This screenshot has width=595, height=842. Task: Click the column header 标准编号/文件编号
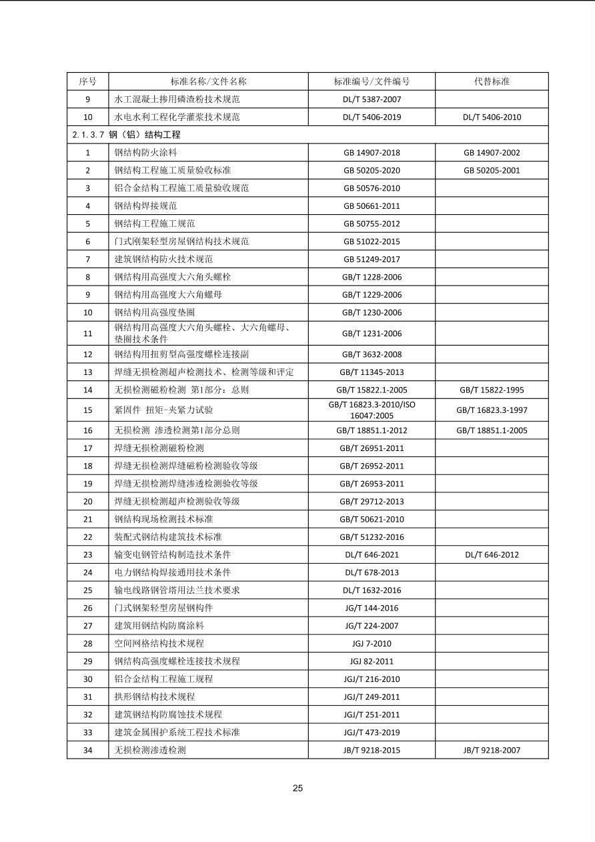coord(372,81)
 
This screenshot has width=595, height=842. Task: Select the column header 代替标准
coord(492,81)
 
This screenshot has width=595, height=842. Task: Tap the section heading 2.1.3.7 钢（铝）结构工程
coord(127,135)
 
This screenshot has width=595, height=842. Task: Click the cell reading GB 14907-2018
coord(372,153)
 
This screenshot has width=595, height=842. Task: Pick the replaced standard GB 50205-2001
coord(492,170)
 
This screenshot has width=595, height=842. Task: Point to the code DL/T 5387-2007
coord(372,99)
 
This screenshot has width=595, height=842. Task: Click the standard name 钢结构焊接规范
coord(145,205)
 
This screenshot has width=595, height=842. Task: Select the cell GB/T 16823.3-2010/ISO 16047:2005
coord(372,410)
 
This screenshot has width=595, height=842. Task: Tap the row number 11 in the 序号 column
coord(87,334)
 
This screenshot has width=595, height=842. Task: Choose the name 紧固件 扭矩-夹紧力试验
coord(163,410)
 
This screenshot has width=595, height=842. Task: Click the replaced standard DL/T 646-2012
coord(492,554)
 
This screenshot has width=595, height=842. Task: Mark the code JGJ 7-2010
coord(372,643)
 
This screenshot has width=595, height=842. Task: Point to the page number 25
coord(297,788)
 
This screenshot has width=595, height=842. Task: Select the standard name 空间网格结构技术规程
coord(159,643)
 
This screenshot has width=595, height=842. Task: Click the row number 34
coord(87,750)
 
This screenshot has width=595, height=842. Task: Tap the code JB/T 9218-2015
coord(372,750)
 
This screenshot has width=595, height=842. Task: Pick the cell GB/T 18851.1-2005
coord(492,430)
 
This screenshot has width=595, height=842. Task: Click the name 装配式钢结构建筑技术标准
coord(167,537)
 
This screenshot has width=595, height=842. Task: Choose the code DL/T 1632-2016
coord(372,590)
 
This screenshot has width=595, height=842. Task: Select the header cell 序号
coord(87,81)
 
